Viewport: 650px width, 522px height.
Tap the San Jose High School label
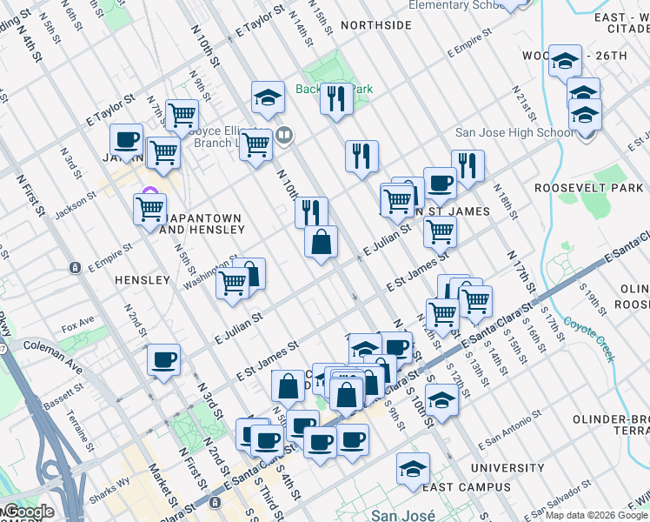[x=514, y=133]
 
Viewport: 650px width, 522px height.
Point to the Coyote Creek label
[x=588, y=327]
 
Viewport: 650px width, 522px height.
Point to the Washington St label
[x=209, y=271]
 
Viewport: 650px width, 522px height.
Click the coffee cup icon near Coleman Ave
[x=163, y=359]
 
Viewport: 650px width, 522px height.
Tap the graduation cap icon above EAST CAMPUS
[x=414, y=469]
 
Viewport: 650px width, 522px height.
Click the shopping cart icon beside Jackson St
[x=150, y=209]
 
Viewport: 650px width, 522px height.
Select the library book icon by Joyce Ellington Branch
[x=283, y=135]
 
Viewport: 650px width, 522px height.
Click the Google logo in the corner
[x=28, y=512]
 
